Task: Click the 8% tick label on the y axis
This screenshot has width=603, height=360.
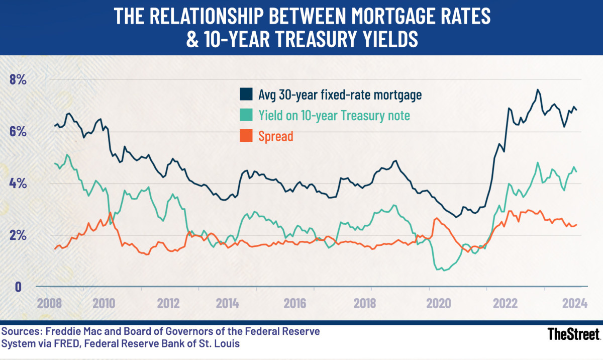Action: (x=17, y=80)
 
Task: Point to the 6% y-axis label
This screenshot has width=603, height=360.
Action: (x=17, y=132)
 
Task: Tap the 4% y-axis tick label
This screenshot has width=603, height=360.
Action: (x=17, y=184)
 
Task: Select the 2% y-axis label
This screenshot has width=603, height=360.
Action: (x=17, y=236)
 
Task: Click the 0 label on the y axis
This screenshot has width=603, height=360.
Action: (x=18, y=287)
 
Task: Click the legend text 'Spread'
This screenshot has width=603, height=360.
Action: (x=275, y=136)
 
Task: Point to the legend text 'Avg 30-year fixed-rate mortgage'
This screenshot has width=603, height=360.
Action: (x=340, y=95)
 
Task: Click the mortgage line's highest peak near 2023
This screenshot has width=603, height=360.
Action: (x=538, y=90)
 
